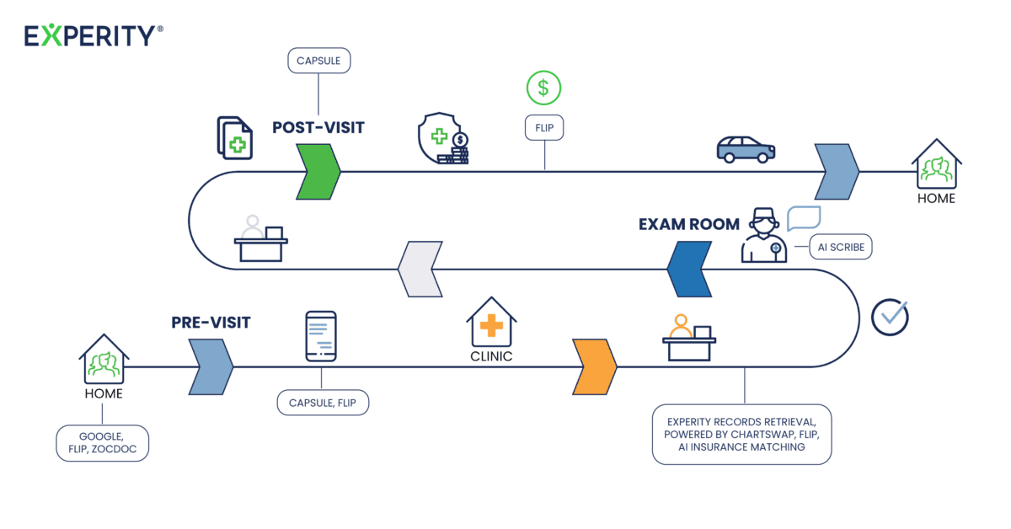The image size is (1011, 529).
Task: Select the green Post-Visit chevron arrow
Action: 318,171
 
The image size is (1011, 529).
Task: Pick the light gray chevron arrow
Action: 420,270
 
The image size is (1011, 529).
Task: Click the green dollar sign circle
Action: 543,88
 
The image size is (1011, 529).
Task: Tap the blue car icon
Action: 746,149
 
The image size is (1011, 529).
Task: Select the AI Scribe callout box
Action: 840,247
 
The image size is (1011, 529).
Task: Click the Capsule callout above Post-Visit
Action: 318,61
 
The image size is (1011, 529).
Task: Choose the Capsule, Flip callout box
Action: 323,403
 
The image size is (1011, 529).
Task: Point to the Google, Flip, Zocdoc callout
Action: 102,443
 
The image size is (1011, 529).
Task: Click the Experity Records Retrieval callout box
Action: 741,434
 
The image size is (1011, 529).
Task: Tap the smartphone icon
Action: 321,337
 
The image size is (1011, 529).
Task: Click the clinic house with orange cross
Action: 491,323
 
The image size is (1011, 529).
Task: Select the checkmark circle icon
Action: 890,317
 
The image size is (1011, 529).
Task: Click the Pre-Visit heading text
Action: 211,322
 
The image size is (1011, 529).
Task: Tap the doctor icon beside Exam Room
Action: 763,236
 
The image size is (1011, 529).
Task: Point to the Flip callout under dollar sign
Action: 543,128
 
